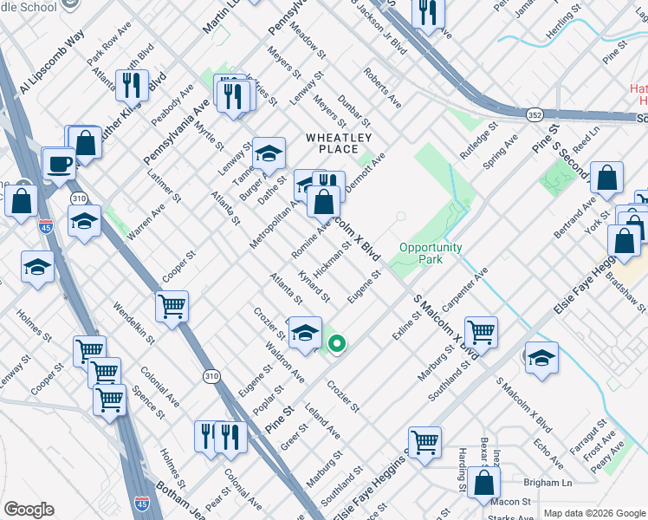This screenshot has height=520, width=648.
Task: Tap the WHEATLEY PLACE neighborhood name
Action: pos(339,143)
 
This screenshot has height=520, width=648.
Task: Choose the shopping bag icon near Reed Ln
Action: pos(608,178)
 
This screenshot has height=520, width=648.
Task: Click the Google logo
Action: pos(29,510)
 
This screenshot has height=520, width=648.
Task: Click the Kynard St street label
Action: pos(314,286)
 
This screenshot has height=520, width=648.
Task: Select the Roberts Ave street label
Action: pos(382,88)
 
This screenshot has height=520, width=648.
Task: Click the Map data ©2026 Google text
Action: pos(593,513)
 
